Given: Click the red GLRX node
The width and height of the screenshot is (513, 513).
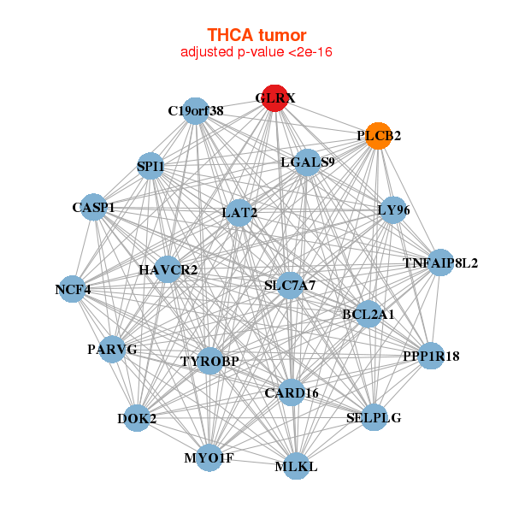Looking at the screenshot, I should [274, 98].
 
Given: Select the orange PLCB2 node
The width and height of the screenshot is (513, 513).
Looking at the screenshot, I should [379, 136].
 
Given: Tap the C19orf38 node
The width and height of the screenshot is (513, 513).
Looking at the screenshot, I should [196, 111].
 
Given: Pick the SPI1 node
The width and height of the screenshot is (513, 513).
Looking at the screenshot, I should [150, 166].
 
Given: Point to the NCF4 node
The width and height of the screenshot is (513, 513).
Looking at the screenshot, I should [74, 289].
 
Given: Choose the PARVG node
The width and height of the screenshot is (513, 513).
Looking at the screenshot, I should [112, 349].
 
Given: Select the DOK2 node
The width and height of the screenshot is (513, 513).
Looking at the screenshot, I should [137, 418].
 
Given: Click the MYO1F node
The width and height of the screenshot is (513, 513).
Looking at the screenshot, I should [209, 457].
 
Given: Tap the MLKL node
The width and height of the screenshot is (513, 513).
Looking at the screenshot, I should [296, 466].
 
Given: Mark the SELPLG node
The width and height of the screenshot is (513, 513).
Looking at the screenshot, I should [374, 417].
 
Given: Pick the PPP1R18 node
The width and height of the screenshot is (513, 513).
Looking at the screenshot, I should [431, 356].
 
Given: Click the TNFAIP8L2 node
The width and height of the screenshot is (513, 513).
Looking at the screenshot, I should [441, 262].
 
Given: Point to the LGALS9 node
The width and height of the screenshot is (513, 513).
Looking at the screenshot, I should [308, 162].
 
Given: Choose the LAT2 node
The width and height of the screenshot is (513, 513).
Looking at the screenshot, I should [239, 212].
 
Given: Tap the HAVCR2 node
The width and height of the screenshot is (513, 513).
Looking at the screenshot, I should [168, 270].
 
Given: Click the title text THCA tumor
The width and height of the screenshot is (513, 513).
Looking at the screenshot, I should [256, 35].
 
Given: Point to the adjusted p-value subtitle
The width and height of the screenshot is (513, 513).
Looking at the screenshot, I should [256, 52].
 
